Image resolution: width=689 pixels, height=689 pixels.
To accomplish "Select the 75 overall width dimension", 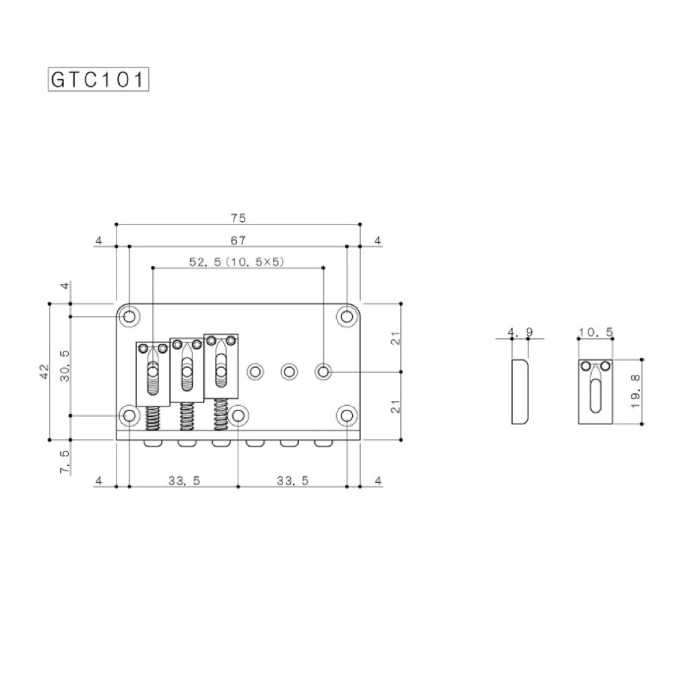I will (x=238, y=218).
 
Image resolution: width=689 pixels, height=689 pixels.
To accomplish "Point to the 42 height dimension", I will (x=43, y=371).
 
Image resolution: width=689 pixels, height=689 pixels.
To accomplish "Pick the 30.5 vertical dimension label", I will (x=65, y=366).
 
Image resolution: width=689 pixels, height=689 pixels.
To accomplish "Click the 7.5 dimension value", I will (x=65, y=462).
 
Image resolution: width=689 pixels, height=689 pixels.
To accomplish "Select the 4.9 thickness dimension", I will (x=520, y=333).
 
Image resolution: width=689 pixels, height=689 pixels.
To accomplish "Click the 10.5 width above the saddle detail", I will (x=595, y=333).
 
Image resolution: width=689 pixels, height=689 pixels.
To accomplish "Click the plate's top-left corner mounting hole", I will (x=130, y=316).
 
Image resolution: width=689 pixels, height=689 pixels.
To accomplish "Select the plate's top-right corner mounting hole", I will (x=347, y=316).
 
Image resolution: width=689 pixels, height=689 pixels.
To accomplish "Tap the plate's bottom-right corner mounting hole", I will (x=347, y=415).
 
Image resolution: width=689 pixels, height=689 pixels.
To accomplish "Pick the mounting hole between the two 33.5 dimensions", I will (x=238, y=415).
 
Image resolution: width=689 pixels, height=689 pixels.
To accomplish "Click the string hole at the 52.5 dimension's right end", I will (x=323, y=372).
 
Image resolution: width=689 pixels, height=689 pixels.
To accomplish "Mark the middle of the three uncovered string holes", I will (x=289, y=372).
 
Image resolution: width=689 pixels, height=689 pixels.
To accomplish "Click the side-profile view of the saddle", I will (x=520, y=391).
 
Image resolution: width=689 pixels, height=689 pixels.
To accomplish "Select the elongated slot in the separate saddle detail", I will (x=595, y=396).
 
